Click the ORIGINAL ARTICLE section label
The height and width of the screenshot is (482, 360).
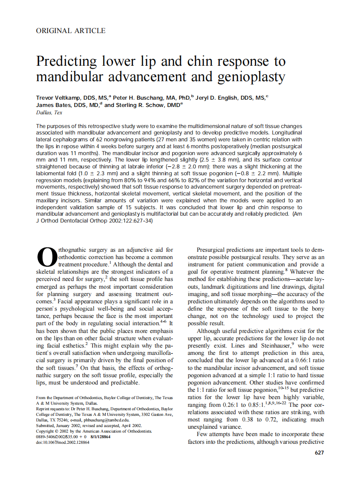pos(71,31)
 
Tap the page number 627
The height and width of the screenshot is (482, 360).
pos(319,452)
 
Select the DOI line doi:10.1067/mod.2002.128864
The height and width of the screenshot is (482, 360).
pos(63,442)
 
